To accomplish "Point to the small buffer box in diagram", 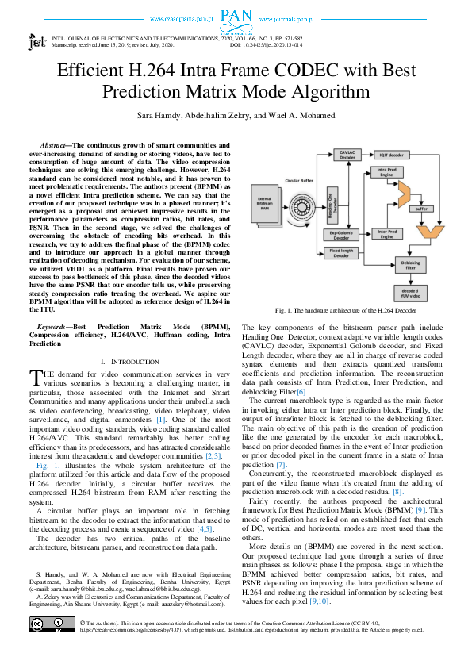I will [422, 209].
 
